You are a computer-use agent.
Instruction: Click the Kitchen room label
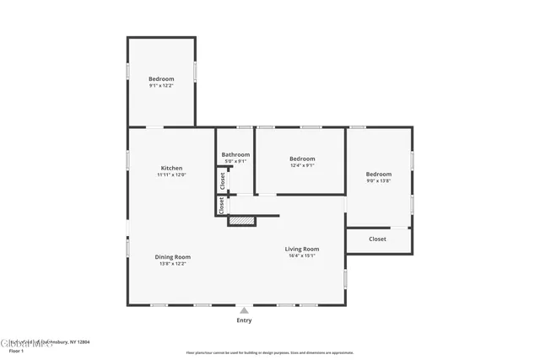pos(171,168)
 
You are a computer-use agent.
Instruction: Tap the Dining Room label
pos(172,257)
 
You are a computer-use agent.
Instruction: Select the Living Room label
pos(301,249)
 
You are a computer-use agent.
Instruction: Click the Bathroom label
pos(235,154)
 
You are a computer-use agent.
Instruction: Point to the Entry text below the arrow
pos(244,320)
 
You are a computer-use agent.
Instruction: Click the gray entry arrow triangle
pos(244,309)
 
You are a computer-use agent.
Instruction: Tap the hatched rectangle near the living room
pos(242,221)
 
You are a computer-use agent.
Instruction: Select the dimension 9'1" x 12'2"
pos(161,86)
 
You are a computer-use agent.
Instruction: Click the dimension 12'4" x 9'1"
pos(302,165)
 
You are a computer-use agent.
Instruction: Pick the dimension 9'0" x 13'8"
pos(379,181)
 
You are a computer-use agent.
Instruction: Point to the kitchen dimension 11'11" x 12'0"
pos(171,175)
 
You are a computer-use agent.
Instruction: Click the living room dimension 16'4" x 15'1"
pos(301,256)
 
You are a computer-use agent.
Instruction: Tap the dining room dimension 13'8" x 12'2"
pos(172,264)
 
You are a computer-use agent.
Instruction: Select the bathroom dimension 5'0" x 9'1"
pos(235,161)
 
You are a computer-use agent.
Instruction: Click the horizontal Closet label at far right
pos(378,239)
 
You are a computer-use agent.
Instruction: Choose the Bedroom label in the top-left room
pos(161,78)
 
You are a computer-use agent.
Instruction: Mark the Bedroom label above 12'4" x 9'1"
pos(302,159)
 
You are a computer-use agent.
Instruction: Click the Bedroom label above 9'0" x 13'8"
pos(379,174)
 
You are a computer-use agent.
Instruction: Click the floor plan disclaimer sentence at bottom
pos(270,352)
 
